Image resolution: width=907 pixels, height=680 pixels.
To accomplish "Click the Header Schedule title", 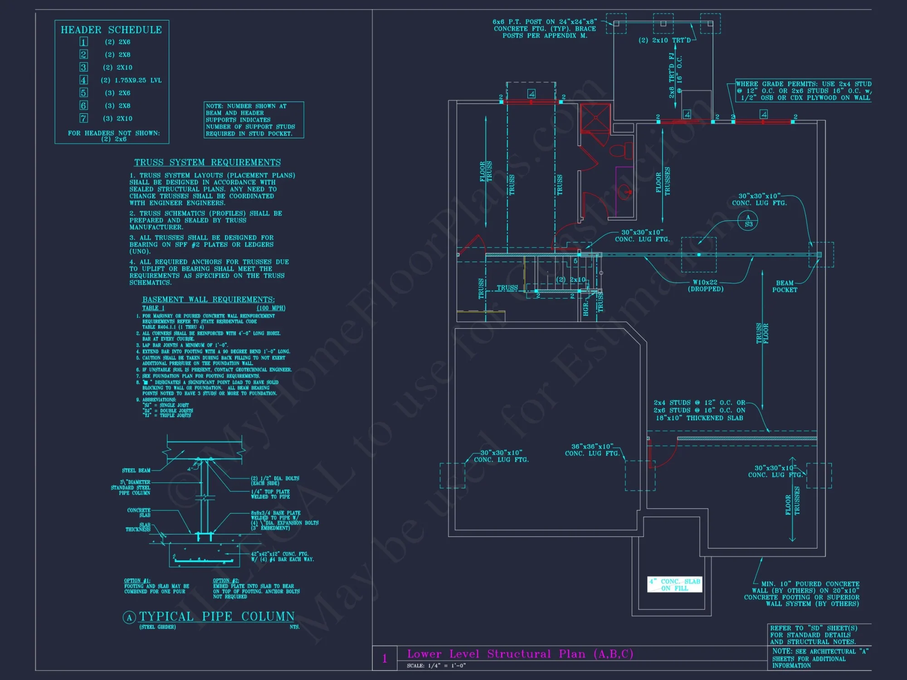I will point(111,30).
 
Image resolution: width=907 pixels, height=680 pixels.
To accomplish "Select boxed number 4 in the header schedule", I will point(83,80).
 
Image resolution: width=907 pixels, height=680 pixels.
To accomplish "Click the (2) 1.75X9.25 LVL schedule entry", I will point(131,80).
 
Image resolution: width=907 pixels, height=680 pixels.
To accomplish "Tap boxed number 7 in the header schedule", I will point(83,118).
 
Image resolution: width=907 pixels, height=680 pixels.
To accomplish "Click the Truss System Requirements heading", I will point(207,162).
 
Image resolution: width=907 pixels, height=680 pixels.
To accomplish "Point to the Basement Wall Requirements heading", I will point(208,300).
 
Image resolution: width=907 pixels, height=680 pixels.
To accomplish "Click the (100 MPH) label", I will point(271,308).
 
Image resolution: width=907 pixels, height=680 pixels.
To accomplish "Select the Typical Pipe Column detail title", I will point(217,617).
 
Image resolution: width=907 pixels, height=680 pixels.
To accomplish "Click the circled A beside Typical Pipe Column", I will point(129,617).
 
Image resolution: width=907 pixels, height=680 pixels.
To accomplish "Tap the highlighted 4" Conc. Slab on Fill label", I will point(674,585).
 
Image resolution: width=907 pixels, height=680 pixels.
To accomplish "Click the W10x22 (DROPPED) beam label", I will point(705,286).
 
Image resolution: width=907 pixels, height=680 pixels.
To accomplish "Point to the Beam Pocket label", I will point(785,287).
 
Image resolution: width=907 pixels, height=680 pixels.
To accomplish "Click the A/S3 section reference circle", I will point(748,221).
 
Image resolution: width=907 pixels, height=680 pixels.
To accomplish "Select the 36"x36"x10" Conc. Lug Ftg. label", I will point(592,450).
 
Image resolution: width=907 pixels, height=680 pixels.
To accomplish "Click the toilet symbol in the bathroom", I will point(621,150).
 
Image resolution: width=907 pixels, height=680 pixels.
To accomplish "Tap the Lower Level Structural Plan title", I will point(520,654).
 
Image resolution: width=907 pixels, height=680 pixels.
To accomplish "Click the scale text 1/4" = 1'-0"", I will point(446,666).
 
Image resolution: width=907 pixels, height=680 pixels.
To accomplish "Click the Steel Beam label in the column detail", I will point(136,471).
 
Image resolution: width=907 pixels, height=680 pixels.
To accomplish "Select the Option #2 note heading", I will point(226,581).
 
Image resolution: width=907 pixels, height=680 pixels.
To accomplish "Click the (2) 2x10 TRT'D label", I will point(664,40).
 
